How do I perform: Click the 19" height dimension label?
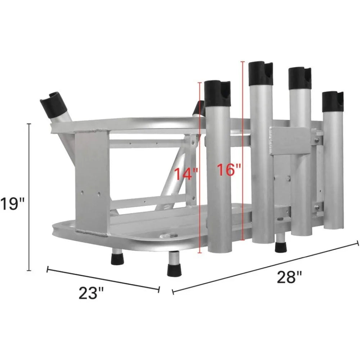(12, 204)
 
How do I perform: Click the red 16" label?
(229, 169)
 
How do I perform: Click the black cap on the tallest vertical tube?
(261, 73)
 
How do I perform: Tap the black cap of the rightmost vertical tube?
(333, 101)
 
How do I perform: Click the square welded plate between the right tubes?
(290, 141)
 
